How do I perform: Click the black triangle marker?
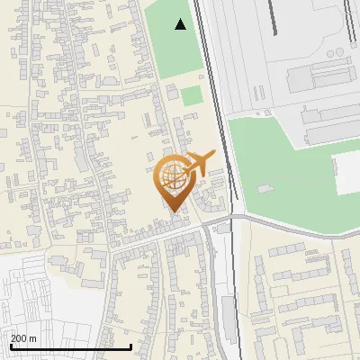click(x=182, y=24)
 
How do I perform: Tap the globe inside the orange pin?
click(x=173, y=176)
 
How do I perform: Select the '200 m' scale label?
click(x=23, y=337)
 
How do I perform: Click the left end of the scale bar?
click(x=10, y=346)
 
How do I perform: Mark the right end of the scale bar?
click(x=131, y=346)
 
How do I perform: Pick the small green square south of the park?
click(x=192, y=96)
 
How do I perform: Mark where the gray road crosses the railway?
click(x=232, y=218)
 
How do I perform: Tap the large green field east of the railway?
click(x=288, y=180)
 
